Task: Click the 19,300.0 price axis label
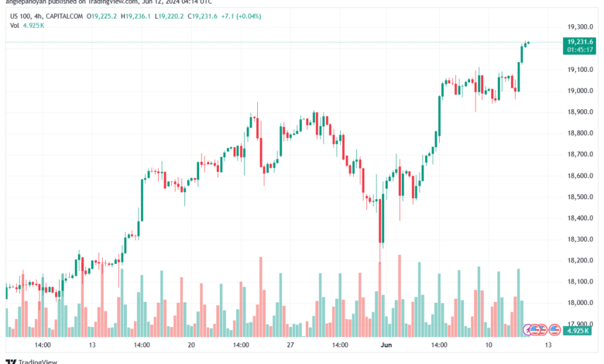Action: pyautogui.click(x=579, y=26)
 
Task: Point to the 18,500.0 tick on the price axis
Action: pyautogui.click(x=579, y=197)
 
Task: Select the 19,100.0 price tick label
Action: pyautogui.click(x=579, y=69)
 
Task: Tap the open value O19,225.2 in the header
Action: pyautogui.click(x=107, y=15)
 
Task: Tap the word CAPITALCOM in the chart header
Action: pyautogui.click(x=63, y=15)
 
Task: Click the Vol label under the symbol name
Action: pyautogui.click(x=15, y=26)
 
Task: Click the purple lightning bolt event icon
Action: pyautogui.click(x=528, y=330)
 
